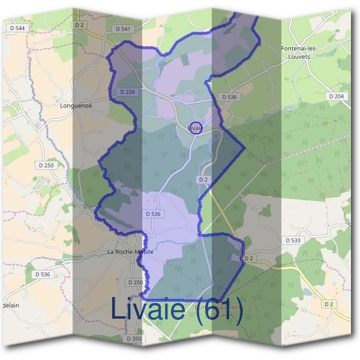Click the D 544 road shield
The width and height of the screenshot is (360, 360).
[x=18, y=28]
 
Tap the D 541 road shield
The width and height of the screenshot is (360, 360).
[x=122, y=28]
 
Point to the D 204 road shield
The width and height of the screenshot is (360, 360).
[x=337, y=96]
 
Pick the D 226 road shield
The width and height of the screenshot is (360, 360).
[x=128, y=92]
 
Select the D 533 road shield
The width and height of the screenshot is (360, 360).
[x=293, y=240]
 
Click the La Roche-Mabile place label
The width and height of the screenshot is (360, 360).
[x=130, y=252]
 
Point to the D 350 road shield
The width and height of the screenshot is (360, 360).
[x=134, y=338]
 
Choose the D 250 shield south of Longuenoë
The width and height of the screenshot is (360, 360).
[x=46, y=165]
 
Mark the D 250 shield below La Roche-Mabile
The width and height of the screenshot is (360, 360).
[x=135, y=282]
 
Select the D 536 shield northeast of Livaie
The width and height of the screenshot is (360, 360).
[x=229, y=96]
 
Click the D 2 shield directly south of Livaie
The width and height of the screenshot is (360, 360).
[x=204, y=180]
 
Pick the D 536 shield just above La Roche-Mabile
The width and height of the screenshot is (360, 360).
[x=154, y=214]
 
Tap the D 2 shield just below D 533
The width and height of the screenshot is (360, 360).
[x=250, y=258]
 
